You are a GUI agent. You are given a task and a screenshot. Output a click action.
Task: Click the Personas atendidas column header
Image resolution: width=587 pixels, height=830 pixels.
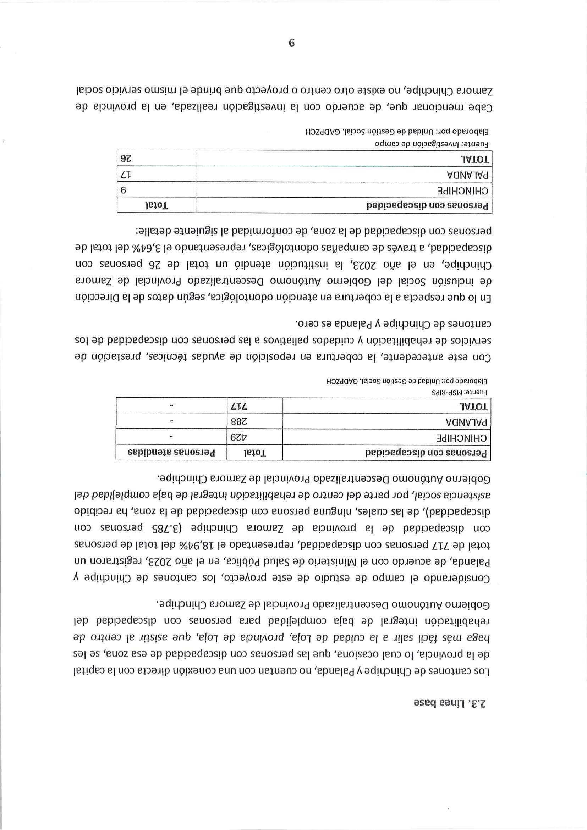[x=171, y=453]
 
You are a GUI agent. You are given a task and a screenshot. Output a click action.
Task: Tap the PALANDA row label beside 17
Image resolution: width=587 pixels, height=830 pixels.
[x=468, y=175]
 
